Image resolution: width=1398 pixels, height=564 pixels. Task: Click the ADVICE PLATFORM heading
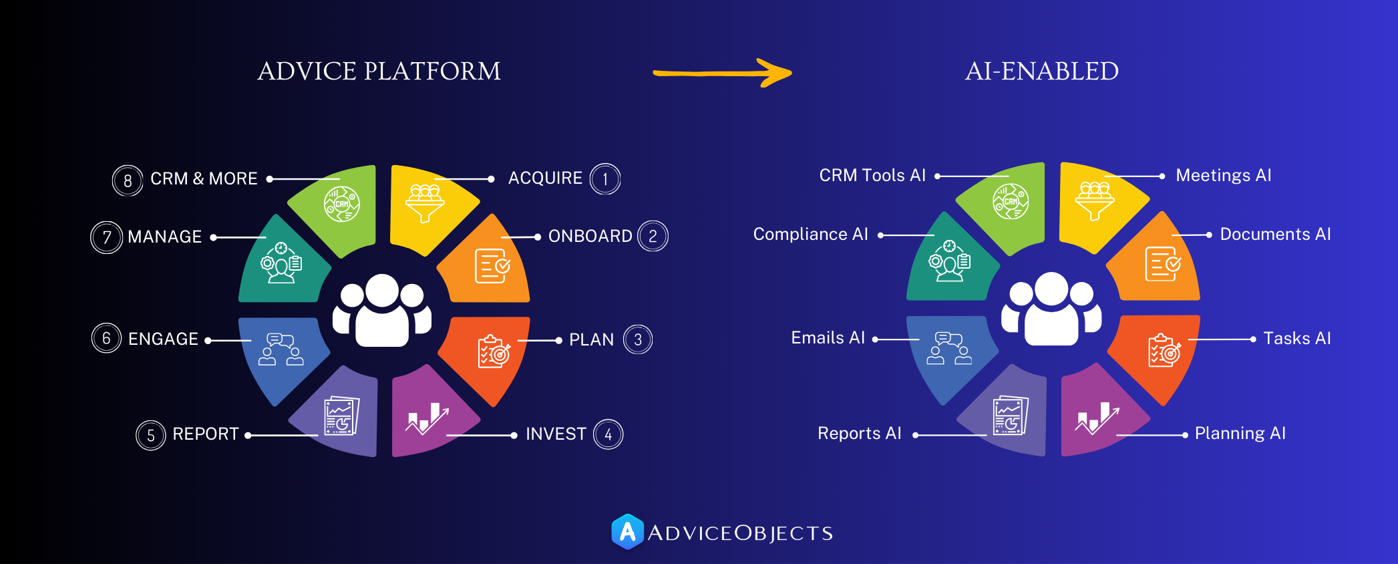379,72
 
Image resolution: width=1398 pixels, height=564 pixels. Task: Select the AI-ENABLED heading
1041,72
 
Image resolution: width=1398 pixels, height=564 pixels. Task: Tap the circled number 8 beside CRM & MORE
128,180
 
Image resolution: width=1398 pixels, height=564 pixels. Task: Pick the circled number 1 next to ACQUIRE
605,179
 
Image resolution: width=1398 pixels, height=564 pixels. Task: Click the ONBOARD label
590,237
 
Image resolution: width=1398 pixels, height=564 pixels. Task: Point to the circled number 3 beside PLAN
638,339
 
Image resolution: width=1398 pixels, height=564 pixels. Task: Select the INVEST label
555,434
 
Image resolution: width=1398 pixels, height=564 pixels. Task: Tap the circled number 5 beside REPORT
151,436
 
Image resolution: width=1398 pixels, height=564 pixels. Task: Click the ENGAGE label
163,339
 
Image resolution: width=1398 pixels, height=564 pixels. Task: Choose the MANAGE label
164,237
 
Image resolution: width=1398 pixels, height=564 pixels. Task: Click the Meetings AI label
1223,176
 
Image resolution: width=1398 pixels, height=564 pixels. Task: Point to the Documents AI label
1275,235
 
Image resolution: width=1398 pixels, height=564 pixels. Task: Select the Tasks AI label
1296,339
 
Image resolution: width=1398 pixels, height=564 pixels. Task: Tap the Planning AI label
1240,434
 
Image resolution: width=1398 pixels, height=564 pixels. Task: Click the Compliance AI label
810,235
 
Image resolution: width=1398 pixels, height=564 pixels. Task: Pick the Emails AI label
828,338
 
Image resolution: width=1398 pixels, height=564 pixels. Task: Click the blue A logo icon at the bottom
627,532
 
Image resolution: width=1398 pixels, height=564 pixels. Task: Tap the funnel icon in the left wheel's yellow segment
425,203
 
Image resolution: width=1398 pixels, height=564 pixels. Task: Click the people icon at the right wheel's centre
1051,309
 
